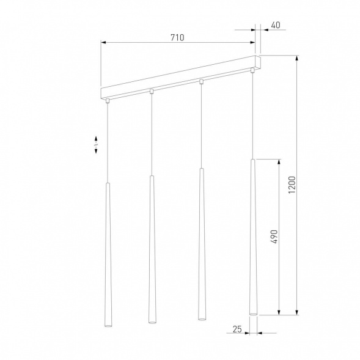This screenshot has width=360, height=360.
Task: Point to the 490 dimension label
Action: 274,237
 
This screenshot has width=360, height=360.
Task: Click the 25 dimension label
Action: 237,329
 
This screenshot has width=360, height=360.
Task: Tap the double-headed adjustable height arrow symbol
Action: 97,145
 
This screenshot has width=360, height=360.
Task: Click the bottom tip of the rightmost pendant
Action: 252,314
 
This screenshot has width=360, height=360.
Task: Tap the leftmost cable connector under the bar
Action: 107,100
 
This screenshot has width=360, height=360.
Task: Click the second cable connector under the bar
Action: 151,91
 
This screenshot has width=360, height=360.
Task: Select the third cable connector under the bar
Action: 200,81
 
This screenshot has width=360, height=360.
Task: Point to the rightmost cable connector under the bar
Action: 252,72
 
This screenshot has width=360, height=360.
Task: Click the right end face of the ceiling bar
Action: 259,62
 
